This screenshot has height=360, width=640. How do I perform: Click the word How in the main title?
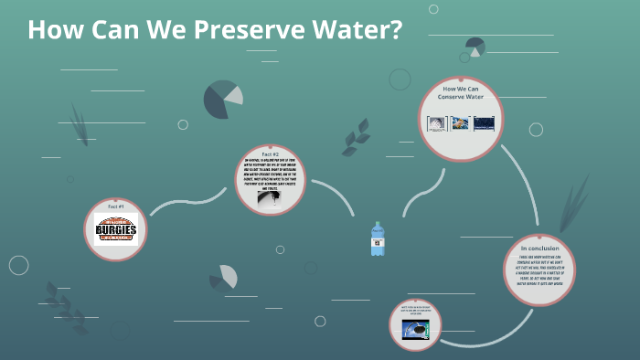[53, 30]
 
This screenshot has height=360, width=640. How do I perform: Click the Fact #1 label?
[116, 207]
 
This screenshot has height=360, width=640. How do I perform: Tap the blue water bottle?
[377, 239]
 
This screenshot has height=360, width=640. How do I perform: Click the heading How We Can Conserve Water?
[463, 92]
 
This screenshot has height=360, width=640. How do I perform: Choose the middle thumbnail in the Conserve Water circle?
[462, 122]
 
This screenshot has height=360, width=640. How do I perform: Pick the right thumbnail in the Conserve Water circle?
[484, 122]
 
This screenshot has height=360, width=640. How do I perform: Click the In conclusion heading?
[539, 248]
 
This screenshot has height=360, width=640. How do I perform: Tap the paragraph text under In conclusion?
[539, 269]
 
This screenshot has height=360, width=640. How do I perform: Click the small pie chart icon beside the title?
[475, 47]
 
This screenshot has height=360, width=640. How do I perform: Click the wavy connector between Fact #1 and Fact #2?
[187, 203]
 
